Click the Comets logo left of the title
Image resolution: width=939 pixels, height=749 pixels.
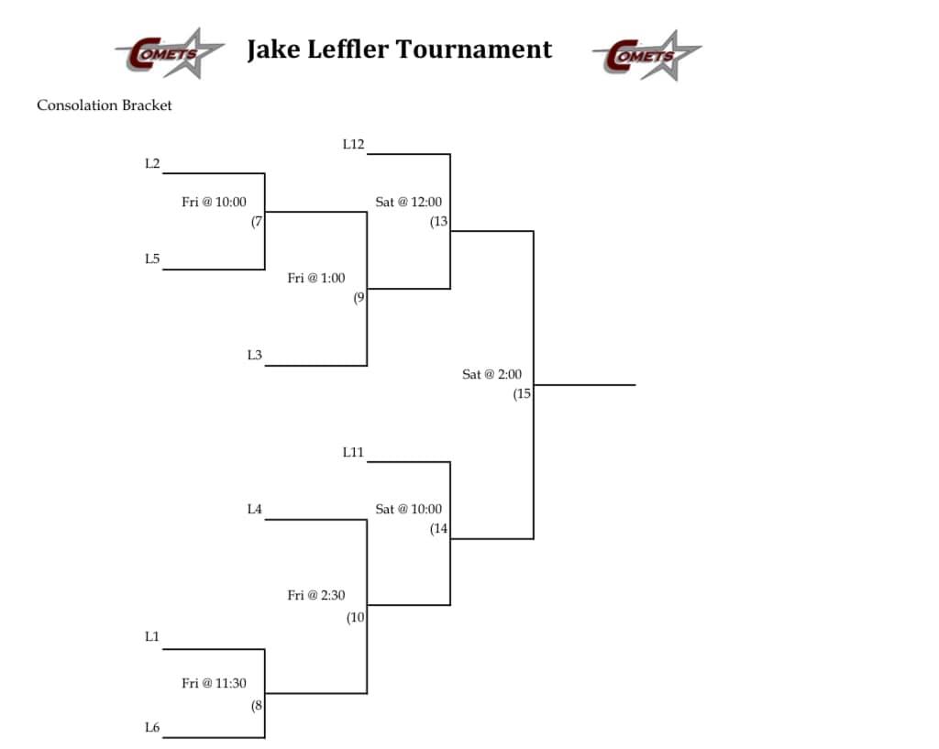170,53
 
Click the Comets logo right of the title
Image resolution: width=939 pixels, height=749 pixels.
646,54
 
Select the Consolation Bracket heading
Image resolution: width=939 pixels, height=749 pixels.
105,105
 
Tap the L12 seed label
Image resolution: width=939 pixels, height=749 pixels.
353,144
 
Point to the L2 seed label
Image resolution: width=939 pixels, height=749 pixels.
152,163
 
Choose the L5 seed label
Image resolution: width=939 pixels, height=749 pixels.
152,259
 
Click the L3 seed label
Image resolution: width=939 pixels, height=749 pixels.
254,355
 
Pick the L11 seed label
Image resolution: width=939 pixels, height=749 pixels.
353,451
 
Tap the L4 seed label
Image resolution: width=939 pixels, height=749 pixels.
254,509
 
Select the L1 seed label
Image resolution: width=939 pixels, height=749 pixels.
152,636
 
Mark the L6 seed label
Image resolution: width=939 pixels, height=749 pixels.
152,727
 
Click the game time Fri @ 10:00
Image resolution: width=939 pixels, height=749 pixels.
214,202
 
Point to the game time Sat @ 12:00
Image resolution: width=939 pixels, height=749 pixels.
409,202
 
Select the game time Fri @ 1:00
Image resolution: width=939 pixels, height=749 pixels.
316,278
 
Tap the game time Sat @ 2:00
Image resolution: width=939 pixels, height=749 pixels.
492,374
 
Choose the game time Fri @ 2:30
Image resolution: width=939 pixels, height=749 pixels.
316,596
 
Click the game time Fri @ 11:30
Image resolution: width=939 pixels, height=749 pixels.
214,683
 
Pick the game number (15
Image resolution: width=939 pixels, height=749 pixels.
522,394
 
